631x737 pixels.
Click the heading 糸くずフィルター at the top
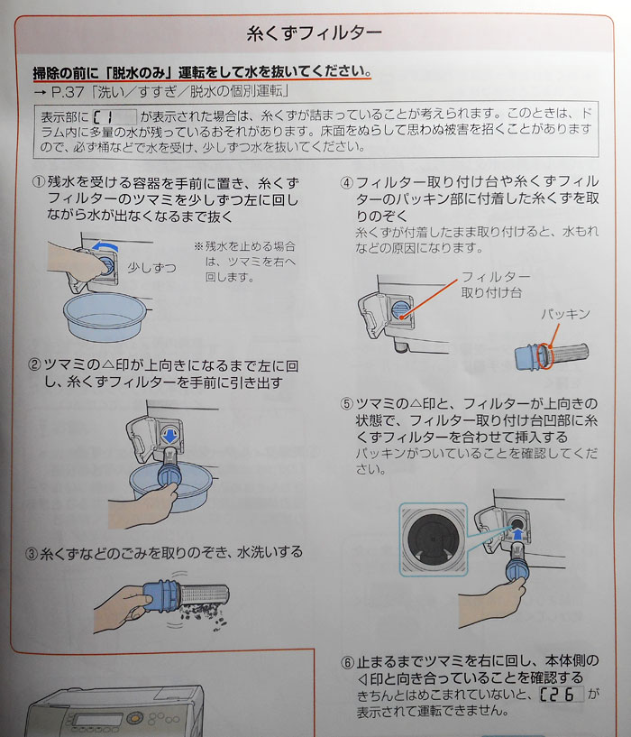coord(314,32)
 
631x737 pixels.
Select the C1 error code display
coord(114,116)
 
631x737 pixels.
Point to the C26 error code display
coord(562,695)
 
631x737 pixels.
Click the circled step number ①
coord(38,182)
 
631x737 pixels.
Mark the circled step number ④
coord(347,182)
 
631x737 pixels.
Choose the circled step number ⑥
coord(347,663)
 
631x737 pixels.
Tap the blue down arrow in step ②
coord(169,436)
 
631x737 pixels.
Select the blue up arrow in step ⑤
coord(517,534)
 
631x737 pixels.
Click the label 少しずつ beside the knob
coord(151,268)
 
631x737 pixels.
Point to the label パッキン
coord(565,314)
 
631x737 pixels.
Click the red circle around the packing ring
coord(545,355)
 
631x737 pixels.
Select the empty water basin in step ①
coord(105,317)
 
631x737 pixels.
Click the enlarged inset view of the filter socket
coord(434,539)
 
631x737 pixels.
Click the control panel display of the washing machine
coord(98,720)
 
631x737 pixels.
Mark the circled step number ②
coord(35,365)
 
